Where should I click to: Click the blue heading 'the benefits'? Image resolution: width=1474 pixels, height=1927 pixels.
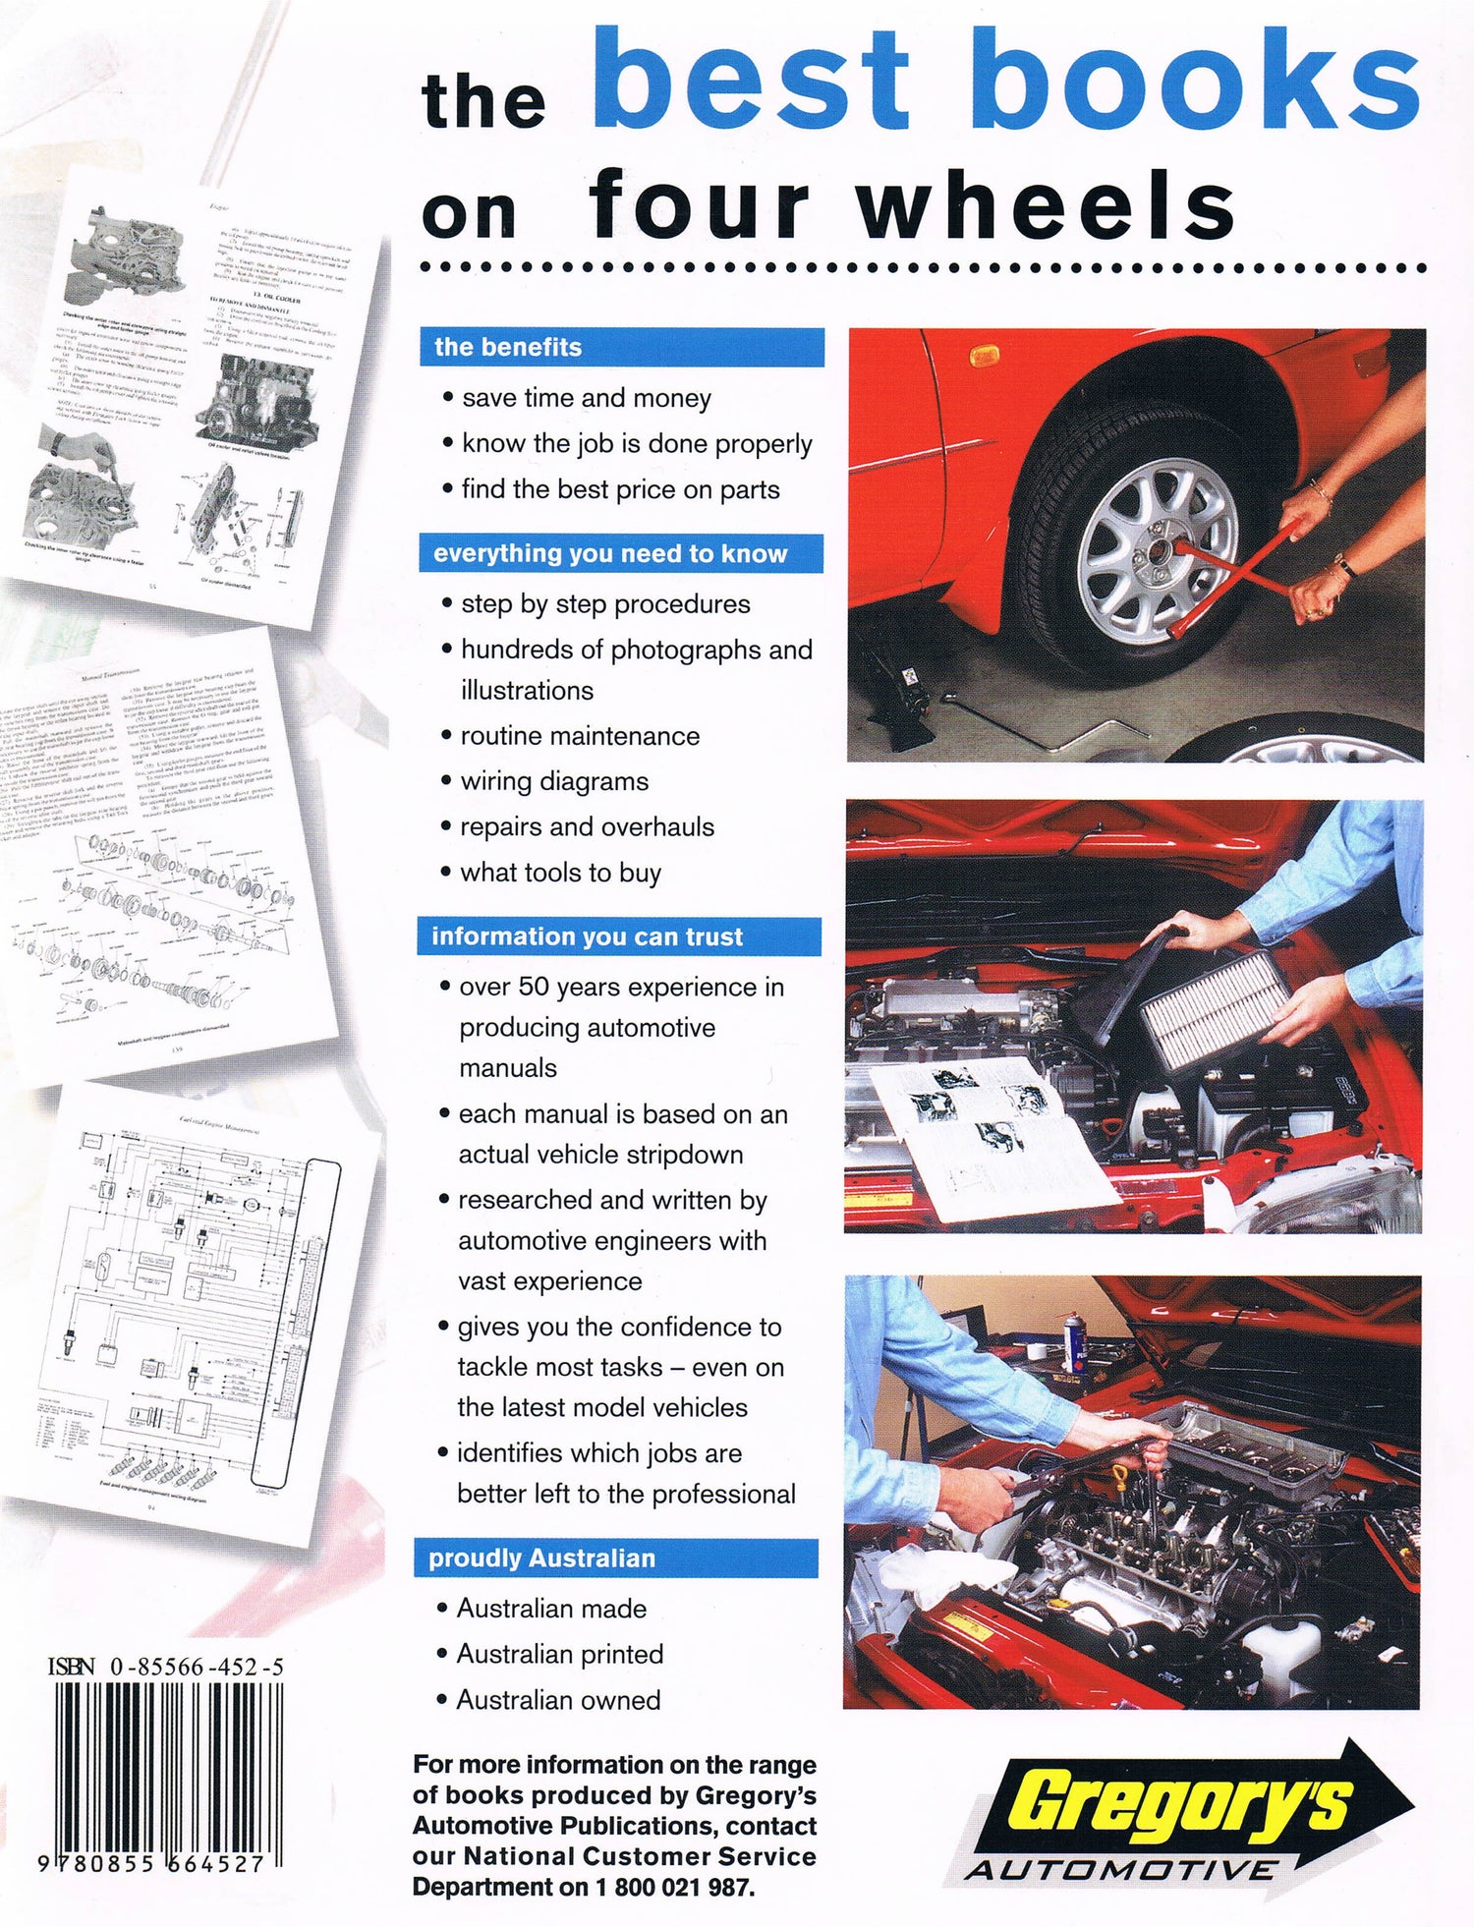tap(508, 347)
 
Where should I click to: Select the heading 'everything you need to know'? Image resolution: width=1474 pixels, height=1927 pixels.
tap(610, 553)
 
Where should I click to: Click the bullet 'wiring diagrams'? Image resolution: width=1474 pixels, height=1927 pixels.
tap(554, 781)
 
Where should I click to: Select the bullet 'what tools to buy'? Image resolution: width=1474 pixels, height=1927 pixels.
tap(560, 873)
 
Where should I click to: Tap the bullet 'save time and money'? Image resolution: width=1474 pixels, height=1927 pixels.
tap(587, 398)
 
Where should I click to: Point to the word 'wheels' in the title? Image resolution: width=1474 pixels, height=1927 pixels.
tap(1047, 206)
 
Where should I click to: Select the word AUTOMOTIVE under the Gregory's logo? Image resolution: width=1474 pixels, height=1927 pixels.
tap(1120, 1870)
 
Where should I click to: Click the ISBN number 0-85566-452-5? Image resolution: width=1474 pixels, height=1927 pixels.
tap(198, 1667)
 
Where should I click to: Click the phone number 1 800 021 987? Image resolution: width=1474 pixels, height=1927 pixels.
tap(674, 1887)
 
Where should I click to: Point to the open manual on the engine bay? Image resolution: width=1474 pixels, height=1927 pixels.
tap(992, 1130)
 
